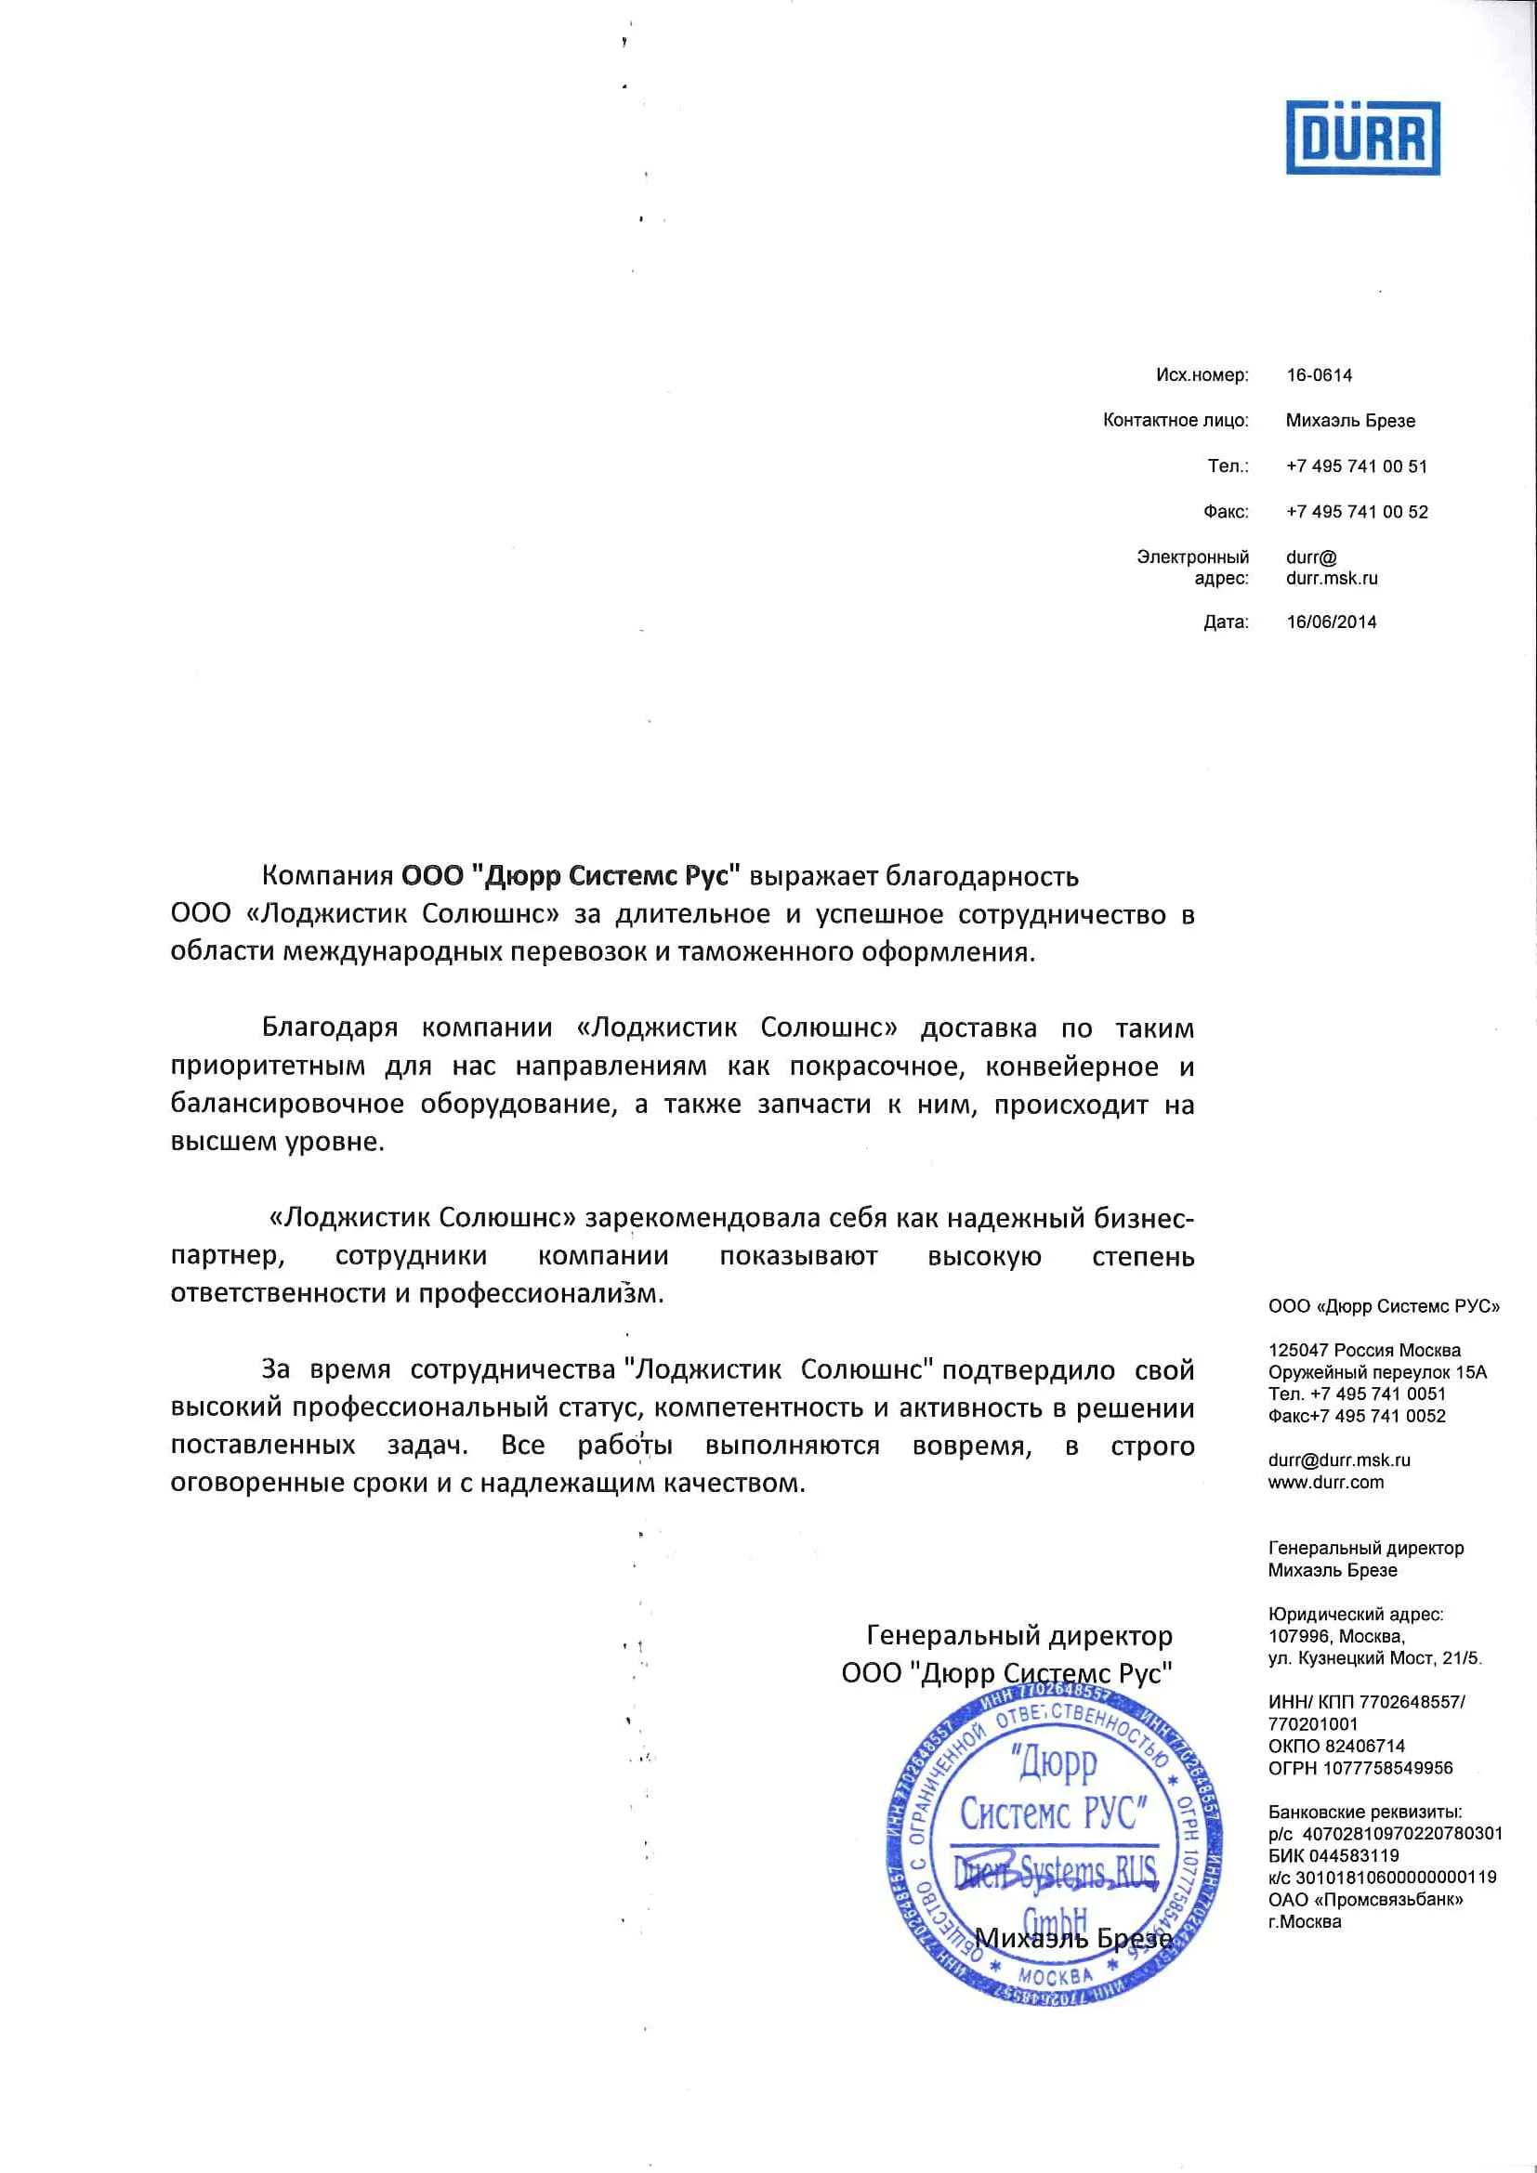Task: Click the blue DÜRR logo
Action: [x=1362, y=139]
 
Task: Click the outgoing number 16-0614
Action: [x=1319, y=375]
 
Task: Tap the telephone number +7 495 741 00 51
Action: [x=1355, y=466]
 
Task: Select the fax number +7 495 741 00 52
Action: [x=1355, y=512]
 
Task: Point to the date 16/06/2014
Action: [x=1331, y=622]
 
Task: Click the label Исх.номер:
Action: [x=1201, y=375]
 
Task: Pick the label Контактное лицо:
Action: [x=1175, y=421]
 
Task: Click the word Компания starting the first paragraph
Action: [x=327, y=876]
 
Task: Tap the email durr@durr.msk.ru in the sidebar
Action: [x=1338, y=1461]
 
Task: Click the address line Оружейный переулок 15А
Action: [x=1377, y=1372]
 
